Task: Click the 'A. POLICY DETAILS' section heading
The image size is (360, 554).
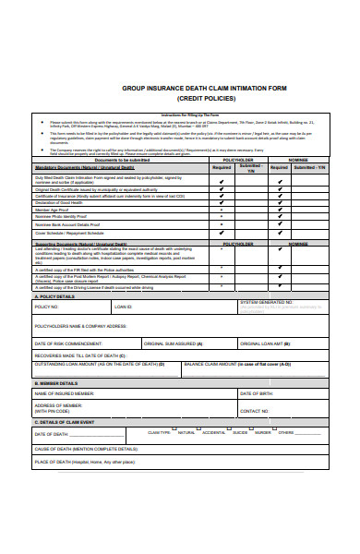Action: click(55, 296)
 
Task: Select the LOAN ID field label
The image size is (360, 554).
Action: click(123, 306)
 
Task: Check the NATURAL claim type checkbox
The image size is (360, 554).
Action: click(174, 432)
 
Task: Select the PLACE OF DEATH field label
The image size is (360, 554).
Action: click(84, 462)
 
